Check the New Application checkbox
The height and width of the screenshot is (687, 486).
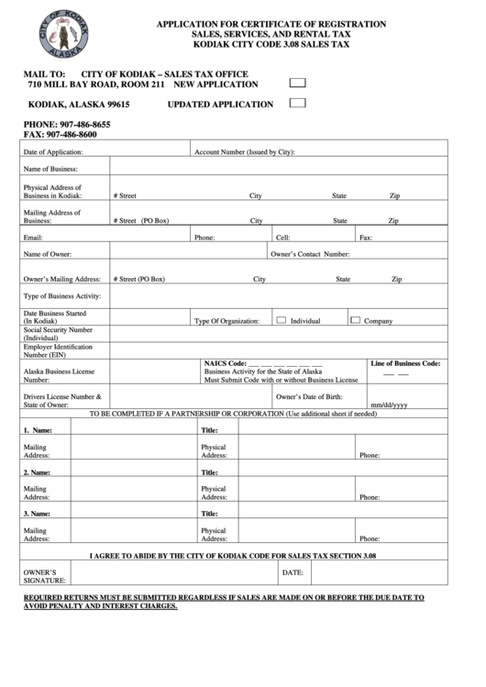pyautogui.click(x=297, y=83)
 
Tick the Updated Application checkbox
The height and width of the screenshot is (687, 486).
pyautogui.click(x=297, y=103)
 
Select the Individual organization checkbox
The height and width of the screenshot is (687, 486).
pyautogui.click(x=282, y=320)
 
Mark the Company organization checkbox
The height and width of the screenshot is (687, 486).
pyautogui.click(x=355, y=320)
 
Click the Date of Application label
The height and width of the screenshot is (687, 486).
pyautogui.click(x=53, y=151)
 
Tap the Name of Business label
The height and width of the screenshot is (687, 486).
pyautogui.click(x=50, y=169)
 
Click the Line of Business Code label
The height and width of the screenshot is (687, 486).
pyautogui.click(x=405, y=363)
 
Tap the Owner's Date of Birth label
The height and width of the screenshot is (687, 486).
pyautogui.click(x=309, y=396)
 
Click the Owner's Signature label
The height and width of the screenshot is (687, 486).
pyautogui.click(x=44, y=576)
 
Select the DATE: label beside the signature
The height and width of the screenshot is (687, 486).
pyautogui.click(x=293, y=571)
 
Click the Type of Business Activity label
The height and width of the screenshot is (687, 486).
pyautogui.click(x=61, y=296)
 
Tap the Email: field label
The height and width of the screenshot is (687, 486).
pyautogui.click(x=33, y=238)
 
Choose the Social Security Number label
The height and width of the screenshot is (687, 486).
pyautogui.click(x=58, y=333)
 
